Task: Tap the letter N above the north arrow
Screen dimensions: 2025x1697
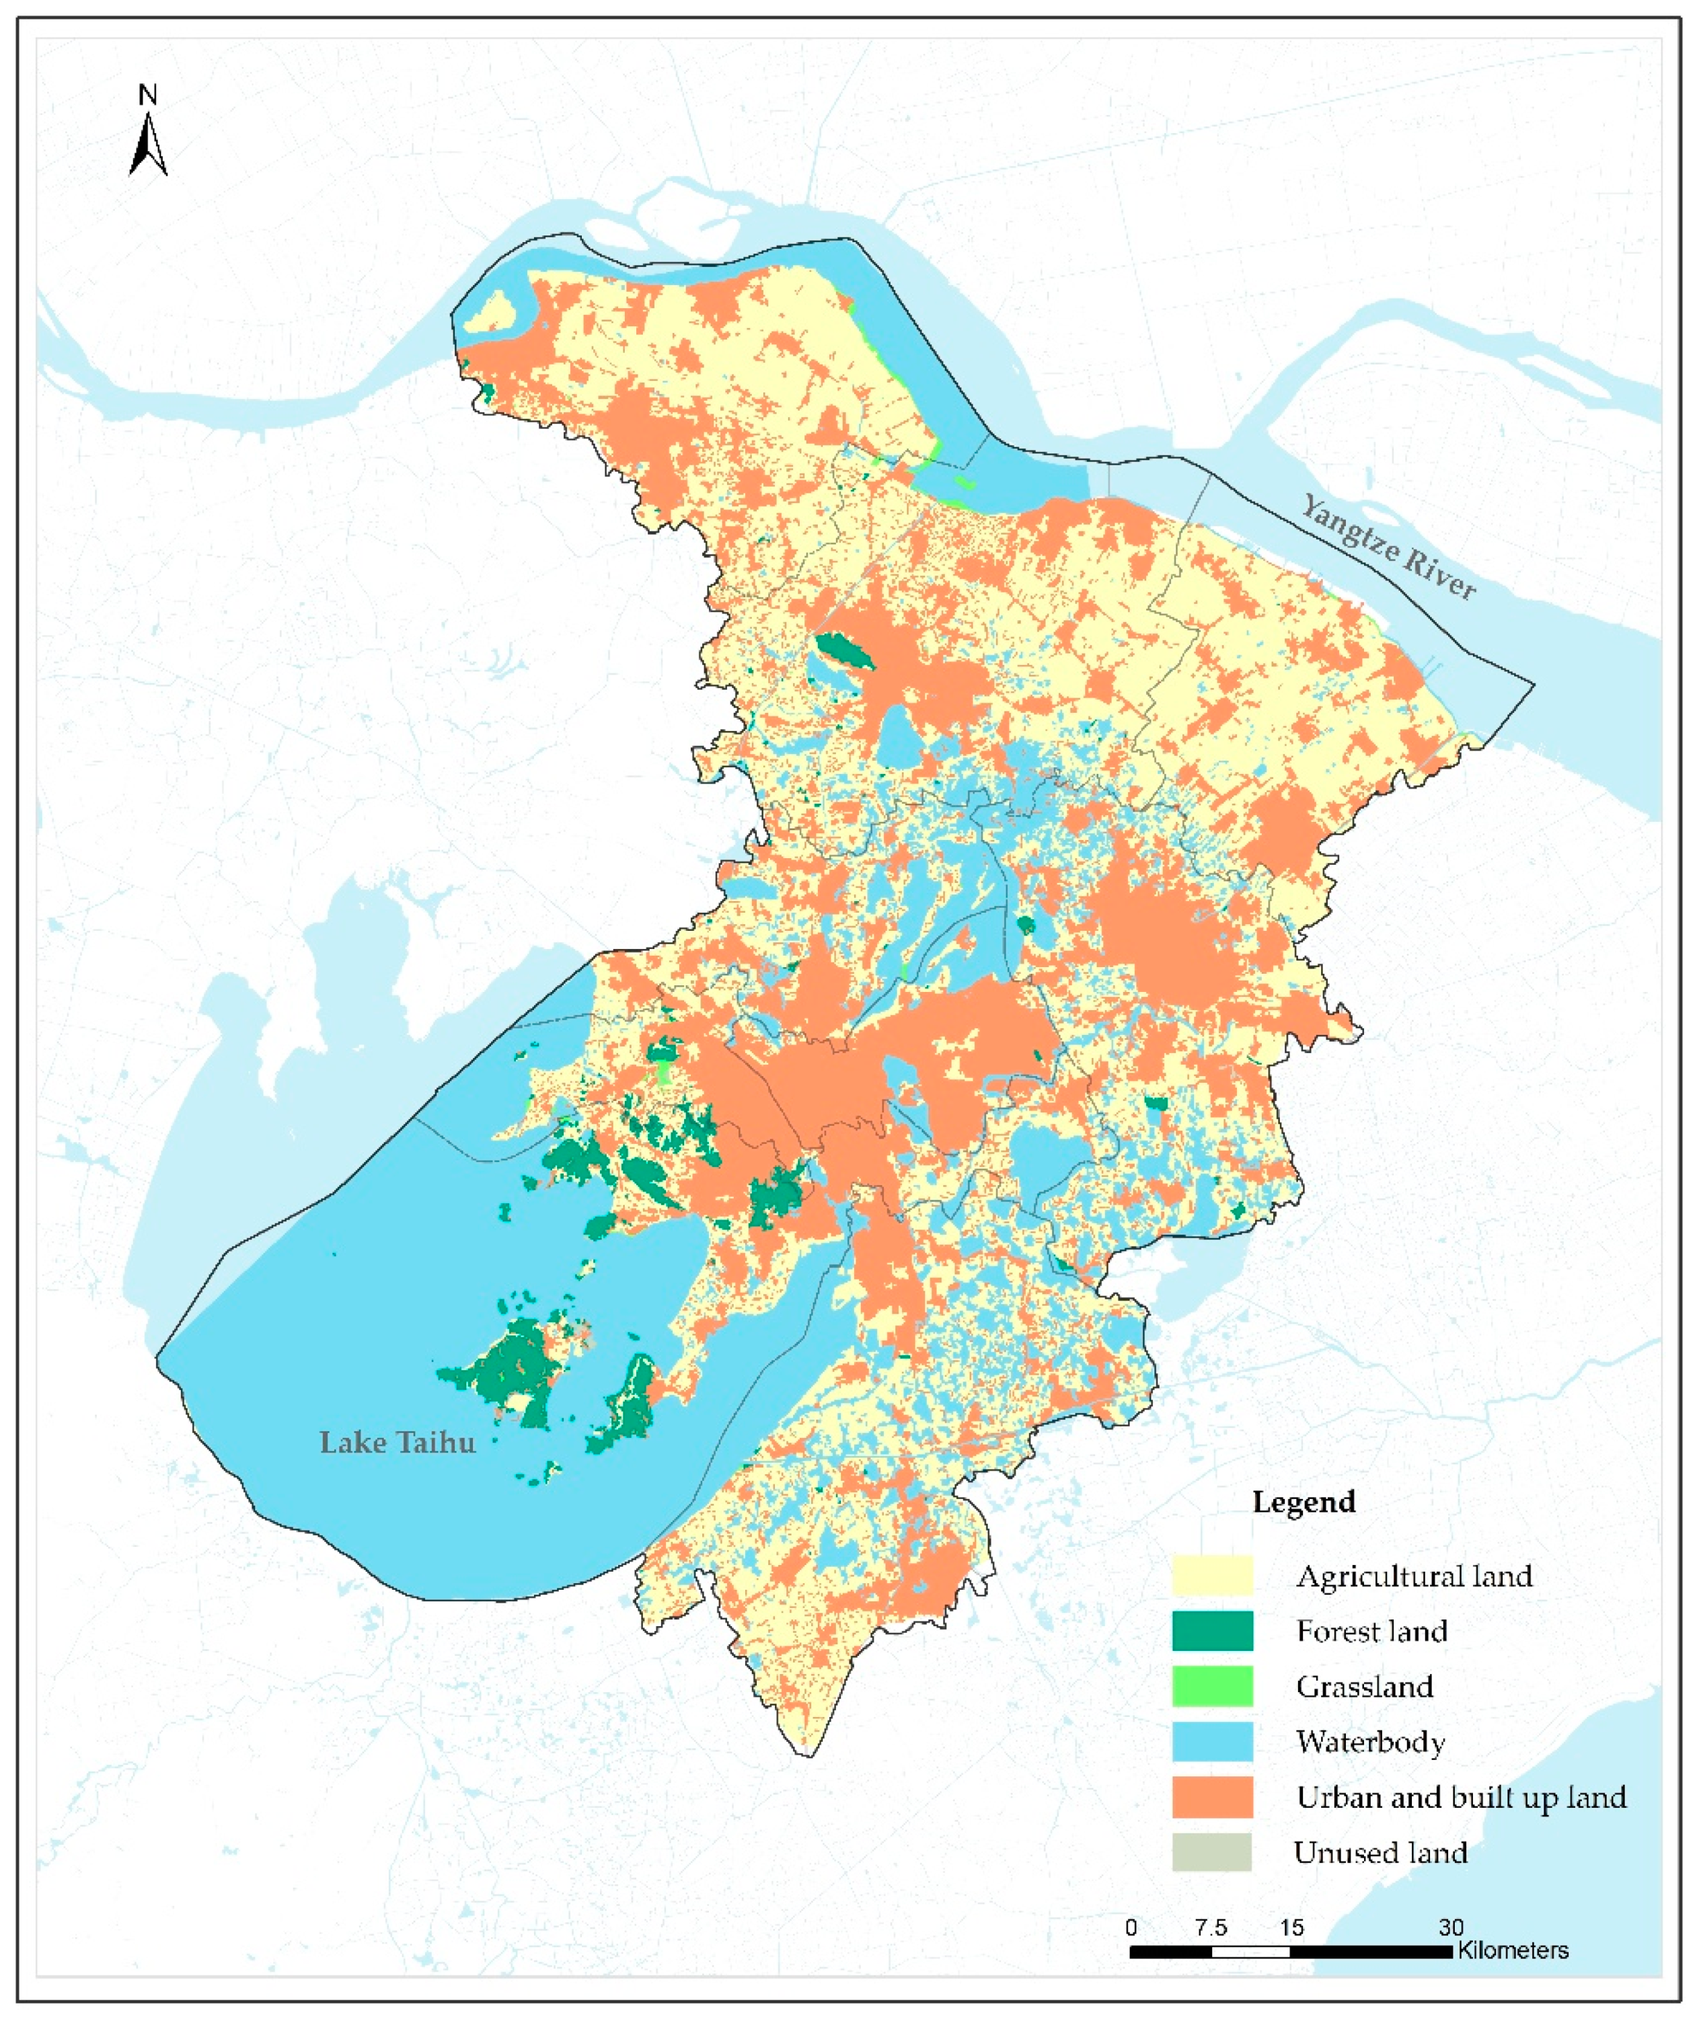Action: tap(147, 95)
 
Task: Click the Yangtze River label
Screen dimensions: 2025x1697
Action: tap(1388, 547)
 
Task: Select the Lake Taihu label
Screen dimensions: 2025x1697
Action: tap(398, 1443)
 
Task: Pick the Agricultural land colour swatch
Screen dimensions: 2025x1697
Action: tap(1212, 1576)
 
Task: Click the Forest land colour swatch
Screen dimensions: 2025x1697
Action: tap(1212, 1631)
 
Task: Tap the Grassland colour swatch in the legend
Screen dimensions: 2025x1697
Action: tap(1212, 1685)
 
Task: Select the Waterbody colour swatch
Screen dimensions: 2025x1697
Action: tap(1212, 1741)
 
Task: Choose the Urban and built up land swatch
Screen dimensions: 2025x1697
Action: tap(1212, 1796)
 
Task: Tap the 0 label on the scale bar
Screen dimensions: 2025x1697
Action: tap(1131, 1927)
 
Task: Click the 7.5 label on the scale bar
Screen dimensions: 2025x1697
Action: tap(1211, 1927)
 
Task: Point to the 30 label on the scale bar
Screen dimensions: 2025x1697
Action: tap(1451, 1927)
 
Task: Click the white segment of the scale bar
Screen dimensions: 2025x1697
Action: tap(1250, 1952)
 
